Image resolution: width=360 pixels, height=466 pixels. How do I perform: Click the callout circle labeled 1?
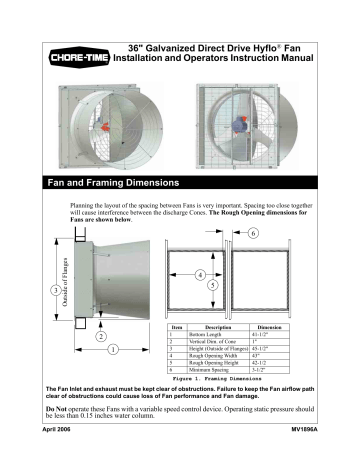(112, 349)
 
